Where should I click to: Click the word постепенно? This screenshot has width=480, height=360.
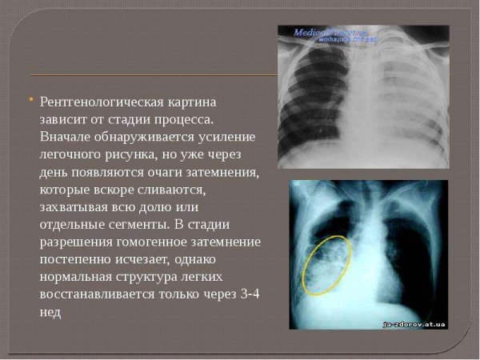pyautogui.click(x=78, y=261)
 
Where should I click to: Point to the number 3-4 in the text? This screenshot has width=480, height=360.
pyautogui.click(x=250, y=295)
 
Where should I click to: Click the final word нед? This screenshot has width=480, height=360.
pyautogui.click(x=50, y=313)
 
